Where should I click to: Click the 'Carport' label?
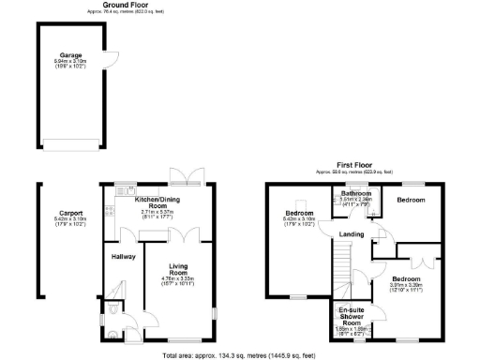click(x=58, y=213)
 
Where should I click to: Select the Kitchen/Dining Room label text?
click(x=158, y=203)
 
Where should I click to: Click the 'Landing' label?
click(x=352, y=233)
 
